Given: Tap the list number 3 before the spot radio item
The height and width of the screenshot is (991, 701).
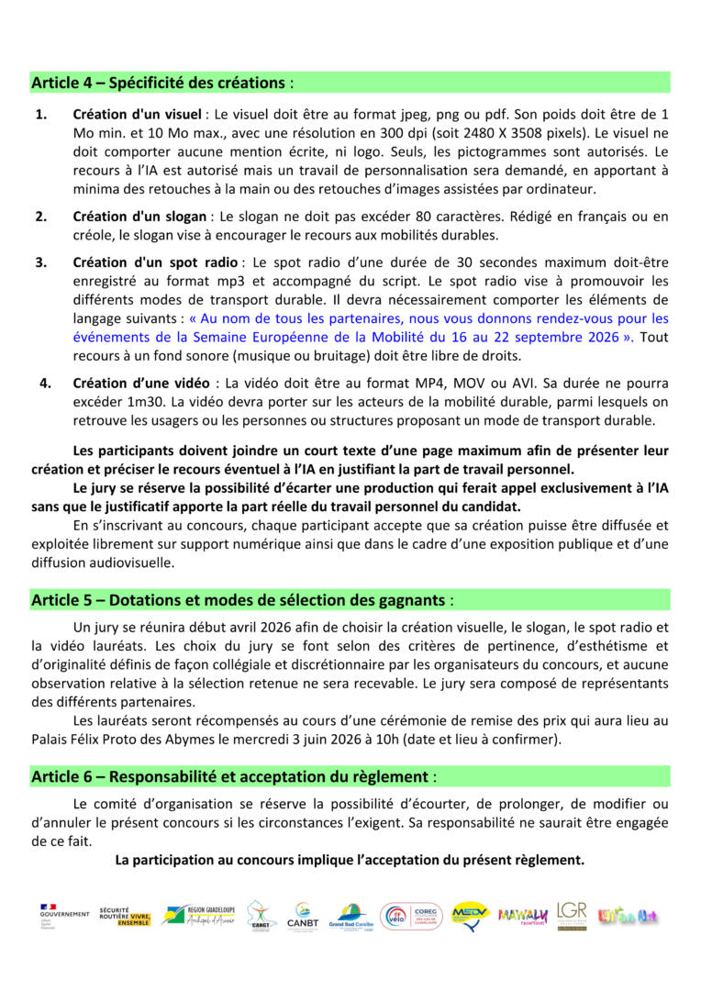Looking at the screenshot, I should pyautogui.click(x=41, y=262).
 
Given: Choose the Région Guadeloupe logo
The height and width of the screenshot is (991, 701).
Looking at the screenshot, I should pyautogui.click(x=197, y=915).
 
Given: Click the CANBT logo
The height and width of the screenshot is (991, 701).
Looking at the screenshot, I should pyautogui.click(x=302, y=915).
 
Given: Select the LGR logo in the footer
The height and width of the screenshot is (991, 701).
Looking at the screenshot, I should pyautogui.click(x=572, y=915).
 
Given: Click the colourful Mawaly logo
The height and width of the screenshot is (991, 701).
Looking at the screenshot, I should pyautogui.click(x=522, y=915).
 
